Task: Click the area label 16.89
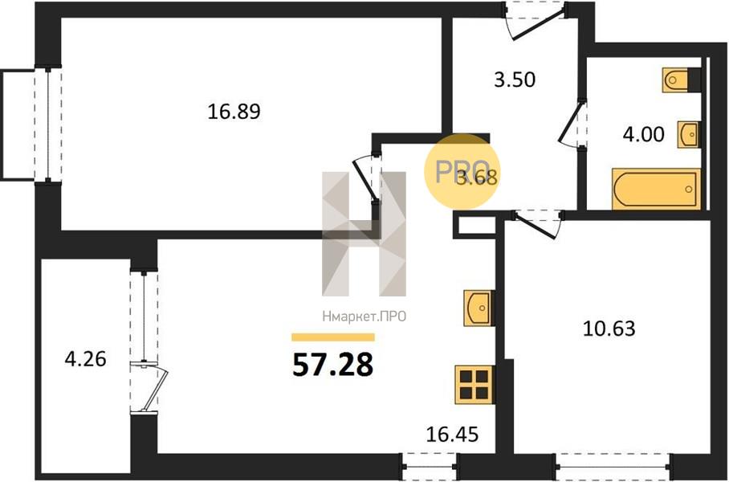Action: pyautogui.click(x=234, y=112)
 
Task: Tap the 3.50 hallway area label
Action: pyautogui.click(x=515, y=80)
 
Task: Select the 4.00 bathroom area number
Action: pyautogui.click(x=643, y=134)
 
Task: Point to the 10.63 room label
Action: pyautogui.click(x=609, y=329)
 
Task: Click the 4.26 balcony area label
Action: pyautogui.click(x=86, y=359)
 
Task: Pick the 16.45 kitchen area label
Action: pyautogui.click(x=452, y=435)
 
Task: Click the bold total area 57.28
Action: pyautogui.click(x=333, y=365)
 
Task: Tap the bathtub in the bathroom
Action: pyautogui.click(x=657, y=189)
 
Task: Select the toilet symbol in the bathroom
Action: pyautogui.click(x=675, y=80)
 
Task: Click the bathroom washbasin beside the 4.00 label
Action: pyautogui.click(x=689, y=134)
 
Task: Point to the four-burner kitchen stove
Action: pyautogui.click(x=474, y=385)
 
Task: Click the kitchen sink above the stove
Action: pyautogui.click(x=478, y=308)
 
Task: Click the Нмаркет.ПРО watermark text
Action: pyautogui.click(x=364, y=317)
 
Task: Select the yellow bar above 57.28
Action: pyautogui.click(x=333, y=337)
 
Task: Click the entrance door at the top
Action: pyautogui.click(x=536, y=22)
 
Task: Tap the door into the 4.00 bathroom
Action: pyautogui.click(x=572, y=124)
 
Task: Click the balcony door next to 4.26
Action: pyautogui.click(x=151, y=387)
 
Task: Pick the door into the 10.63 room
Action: pyautogui.click(x=536, y=225)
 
